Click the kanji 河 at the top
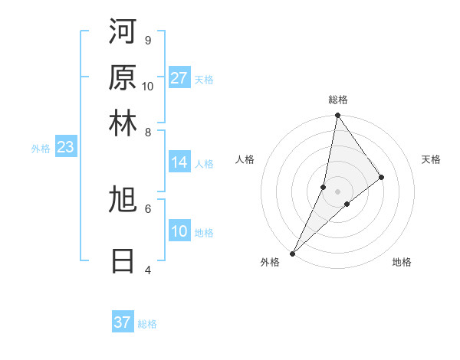point(123,31)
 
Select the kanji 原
point(123,77)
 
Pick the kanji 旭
point(123,200)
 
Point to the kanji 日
point(123,260)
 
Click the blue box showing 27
point(179,78)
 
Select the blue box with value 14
point(179,162)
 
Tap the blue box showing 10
point(179,231)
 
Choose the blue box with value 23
point(65,148)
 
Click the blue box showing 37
point(122,322)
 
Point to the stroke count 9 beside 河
point(147,40)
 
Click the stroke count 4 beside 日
point(147,270)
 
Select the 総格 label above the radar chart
point(337,100)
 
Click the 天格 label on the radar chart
point(431,159)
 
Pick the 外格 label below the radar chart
point(270,262)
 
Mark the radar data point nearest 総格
point(337,116)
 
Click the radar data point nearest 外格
point(293,253)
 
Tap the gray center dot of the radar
point(337,191)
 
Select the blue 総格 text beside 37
point(147,324)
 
